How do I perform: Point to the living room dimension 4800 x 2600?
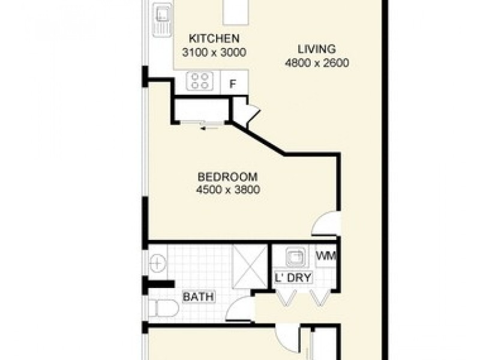coord(317,62)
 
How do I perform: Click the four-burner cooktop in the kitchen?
coord(200,81)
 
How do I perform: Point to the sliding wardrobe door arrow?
coord(208,127)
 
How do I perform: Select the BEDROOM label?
coord(227,177)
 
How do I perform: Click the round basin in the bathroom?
coord(157,262)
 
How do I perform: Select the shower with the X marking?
coord(248,262)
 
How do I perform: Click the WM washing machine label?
coord(326,257)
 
